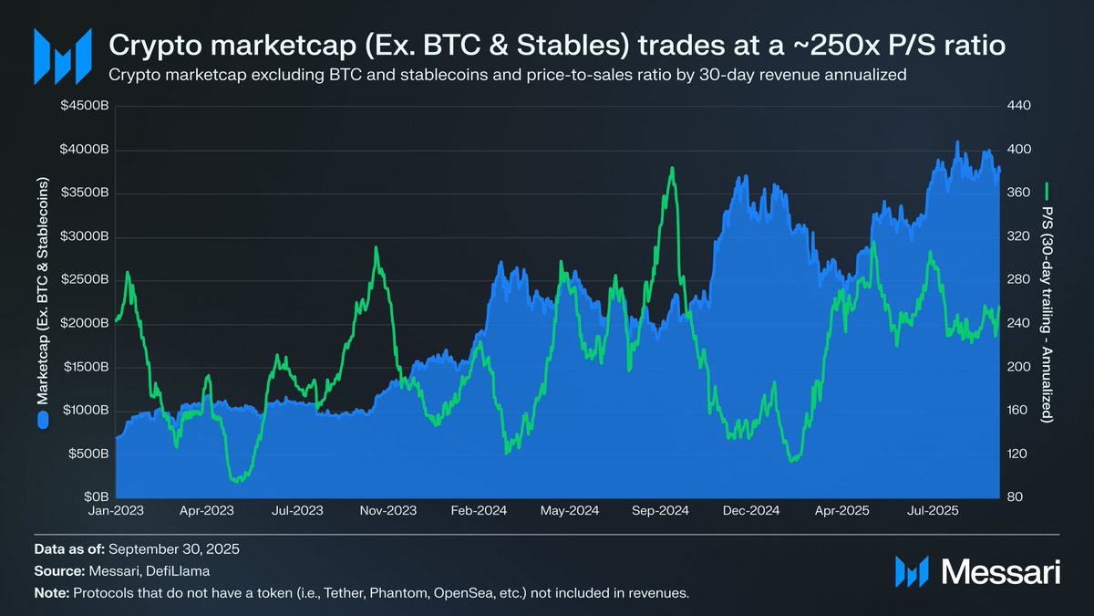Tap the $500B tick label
tap(90, 454)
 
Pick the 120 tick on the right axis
tap(1018, 454)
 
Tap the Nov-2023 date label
tap(389, 511)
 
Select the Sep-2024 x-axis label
tap(661, 511)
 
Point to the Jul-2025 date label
tap(933, 511)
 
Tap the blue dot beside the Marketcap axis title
tap(42, 421)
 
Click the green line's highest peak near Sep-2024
tap(672, 168)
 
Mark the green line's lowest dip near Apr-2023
tap(238, 480)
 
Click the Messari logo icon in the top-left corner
tap(63, 55)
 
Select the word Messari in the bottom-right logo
tap(999, 572)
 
